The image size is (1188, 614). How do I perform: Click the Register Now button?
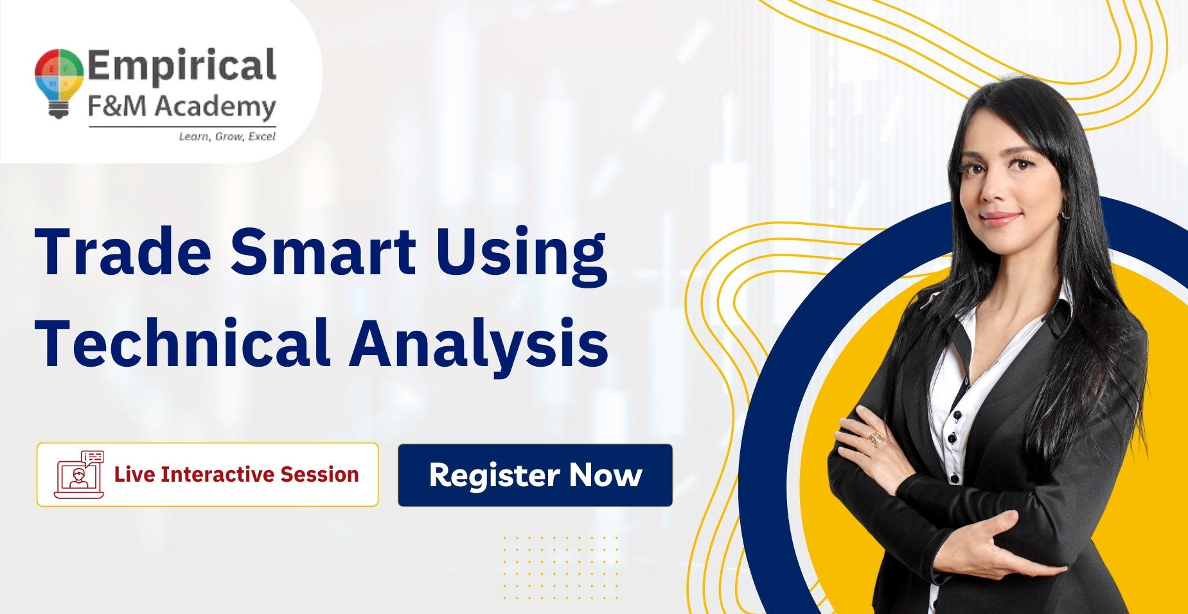pos(535,475)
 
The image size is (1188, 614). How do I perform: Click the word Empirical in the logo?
pos(182,66)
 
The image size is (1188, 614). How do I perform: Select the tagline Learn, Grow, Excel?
pos(227,136)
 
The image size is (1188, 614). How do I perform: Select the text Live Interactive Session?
pos(236,475)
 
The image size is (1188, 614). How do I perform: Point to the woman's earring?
pos(1063,215)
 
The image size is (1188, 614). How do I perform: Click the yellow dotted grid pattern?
pos(560,567)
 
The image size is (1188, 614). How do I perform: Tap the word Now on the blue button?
pos(605,475)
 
